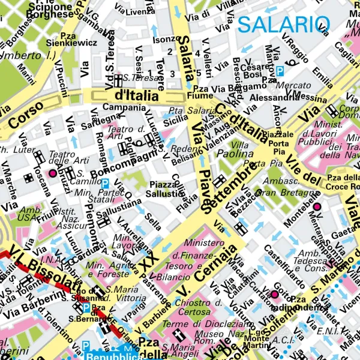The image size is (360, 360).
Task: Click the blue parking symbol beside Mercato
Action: pos(280,71)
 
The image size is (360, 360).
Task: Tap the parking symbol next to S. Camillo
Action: pos(105,183)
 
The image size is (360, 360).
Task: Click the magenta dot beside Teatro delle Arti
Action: pos(52,173)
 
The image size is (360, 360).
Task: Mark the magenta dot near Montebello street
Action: pos(317,207)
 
